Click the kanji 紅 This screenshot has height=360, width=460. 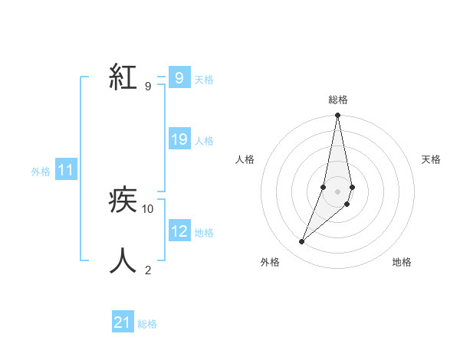[123, 78]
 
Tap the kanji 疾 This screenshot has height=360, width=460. [123, 201]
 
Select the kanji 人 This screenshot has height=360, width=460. [123, 260]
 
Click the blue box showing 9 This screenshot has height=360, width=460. [179, 78]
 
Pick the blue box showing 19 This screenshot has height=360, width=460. [179, 139]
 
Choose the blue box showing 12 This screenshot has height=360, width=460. [179, 231]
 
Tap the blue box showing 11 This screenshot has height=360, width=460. [66, 171]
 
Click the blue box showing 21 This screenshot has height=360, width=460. [123, 322]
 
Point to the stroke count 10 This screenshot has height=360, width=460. [149, 208]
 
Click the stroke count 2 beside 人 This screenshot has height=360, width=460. [148, 270]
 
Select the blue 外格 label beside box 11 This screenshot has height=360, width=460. [41, 172]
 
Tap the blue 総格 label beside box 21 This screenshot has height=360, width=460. [147, 324]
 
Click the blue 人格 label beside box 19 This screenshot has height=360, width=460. [204, 141]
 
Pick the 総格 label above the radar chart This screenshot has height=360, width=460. [337, 100]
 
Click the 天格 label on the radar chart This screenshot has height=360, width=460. [431, 159]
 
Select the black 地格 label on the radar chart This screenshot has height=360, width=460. [402, 262]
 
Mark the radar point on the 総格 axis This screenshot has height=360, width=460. [337, 116]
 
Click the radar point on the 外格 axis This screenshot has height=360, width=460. [302, 241]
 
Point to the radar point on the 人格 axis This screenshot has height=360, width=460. [324, 187]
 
